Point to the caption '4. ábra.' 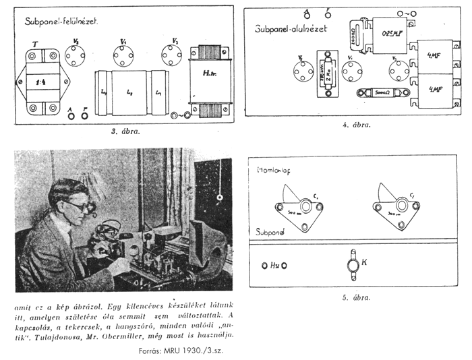pyautogui.click(x=357, y=125)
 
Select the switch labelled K pyautogui.click(x=352, y=265)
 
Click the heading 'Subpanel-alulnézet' pyautogui.click(x=297, y=30)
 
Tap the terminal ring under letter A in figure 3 pyautogui.click(x=71, y=115)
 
